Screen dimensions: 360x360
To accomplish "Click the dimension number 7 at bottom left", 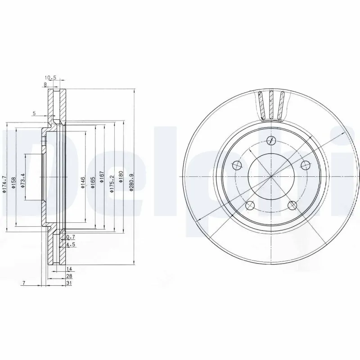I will point(23,283).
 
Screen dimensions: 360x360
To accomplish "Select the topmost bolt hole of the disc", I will point(270,140).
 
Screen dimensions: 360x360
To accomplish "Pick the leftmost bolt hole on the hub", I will point(236,165).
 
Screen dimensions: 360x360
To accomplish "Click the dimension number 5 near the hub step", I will point(34,113).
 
